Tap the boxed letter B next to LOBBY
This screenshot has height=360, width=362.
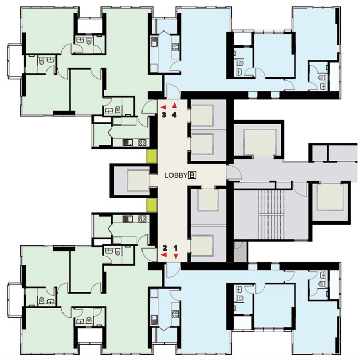[x=192, y=175]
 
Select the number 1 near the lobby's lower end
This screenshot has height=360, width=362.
[x=175, y=248]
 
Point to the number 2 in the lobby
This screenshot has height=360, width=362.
[x=164, y=248]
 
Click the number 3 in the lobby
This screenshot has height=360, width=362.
[x=164, y=115]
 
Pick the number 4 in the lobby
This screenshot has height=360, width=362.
[x=175, y=115]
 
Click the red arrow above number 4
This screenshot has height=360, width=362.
[x=175, y=106]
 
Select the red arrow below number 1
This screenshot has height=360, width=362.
[x=175, y=256]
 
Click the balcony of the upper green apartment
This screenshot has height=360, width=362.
[x=13, y=61]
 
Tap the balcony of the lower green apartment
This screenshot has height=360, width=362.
[x=13, y=299]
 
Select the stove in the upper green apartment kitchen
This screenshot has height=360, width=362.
[x=141, y=143]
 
